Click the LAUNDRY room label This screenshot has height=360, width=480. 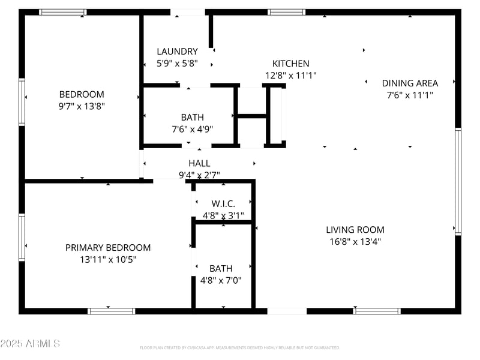(177, 52)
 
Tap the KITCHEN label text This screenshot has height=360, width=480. (290, 64)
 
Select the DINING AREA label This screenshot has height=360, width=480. (410, 83)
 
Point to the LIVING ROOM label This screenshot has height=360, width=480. (355, 230)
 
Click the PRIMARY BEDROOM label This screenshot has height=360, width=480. (108, 248)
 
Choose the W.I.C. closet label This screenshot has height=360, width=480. (223, 204)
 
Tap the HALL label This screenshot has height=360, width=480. (199, 163)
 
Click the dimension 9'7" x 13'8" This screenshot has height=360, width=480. (82, 106)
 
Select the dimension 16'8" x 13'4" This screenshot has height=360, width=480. (355, 242)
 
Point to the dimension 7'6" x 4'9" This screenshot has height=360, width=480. (193, 129)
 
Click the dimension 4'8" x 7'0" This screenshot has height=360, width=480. (221, 280)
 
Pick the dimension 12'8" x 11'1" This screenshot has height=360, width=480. (290, 76)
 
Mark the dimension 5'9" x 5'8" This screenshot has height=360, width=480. (177, 64)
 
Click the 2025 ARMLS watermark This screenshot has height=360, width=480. (30, 343)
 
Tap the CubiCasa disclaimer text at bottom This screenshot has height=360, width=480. (239, 348)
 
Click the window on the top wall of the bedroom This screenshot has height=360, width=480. (63, 12)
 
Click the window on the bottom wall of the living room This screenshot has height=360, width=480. (377, 311)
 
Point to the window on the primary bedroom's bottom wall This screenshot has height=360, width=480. (112, 311)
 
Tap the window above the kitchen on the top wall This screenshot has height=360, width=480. (286, 12)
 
